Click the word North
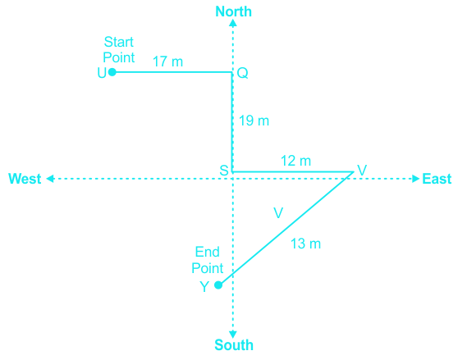(233, 11)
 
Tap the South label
(234, 345)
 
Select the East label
(437, 179)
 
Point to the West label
(25, 179)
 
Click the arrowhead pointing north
(233, 23)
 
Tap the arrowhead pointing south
(233, 335)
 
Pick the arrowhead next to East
(415, 179)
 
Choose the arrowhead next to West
(50, 179)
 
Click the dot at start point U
(112, 72)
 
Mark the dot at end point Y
(218, 285)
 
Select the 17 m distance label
(168, 62)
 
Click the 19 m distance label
(254, 121)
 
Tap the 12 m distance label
(295, 161)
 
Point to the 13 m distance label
(306, 244)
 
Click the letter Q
(243, 73)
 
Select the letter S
(224, 171)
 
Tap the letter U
(102, 73)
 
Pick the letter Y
(204, 287)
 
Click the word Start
(118, 42)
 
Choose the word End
(208, 252)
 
